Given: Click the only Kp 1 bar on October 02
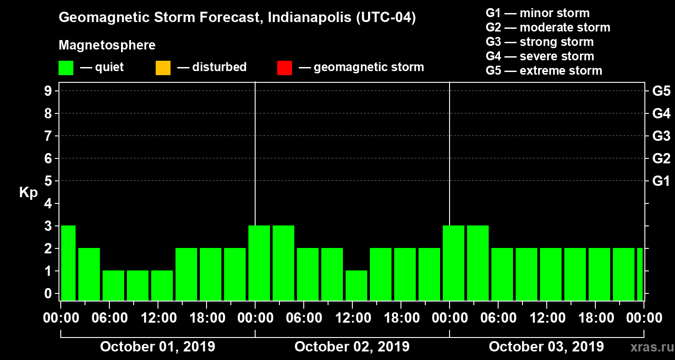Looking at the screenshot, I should pyautogui.click(x=356, y=285).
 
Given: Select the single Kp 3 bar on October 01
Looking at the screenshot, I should pyautogui.click(x=68, y=263).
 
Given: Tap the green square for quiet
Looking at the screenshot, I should pyautogui.click(x=66, y=68).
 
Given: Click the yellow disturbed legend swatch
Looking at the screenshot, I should pyautogui.click(x=163, y=68).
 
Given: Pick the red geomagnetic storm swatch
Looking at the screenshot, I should pyautogui.click(x=284, y=68).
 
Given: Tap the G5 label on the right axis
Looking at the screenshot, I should pyautogui.click(x=661, y=91).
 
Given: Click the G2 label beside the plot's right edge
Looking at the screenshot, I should pyautogui.click(x=661, y=159).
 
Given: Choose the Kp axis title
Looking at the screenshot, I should pyautogui.click(x=28, y=193).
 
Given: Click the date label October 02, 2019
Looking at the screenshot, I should pyautogui.click(x=352, y=347).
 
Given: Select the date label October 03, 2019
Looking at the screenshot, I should pyautogui.click(x=546, y=347).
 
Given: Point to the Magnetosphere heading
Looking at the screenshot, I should pyautogui.click(x=107, y=45).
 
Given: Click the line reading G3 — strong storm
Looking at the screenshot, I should pyautogui.click(x=540, y=42).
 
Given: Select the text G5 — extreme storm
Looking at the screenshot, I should pyautogui.click(x=544, y=71).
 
